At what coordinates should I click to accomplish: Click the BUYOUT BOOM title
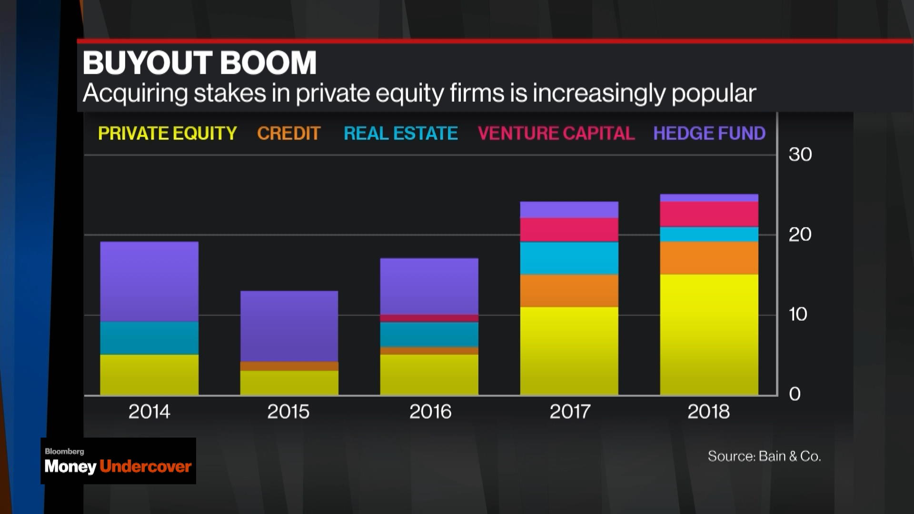[x=199, y=63]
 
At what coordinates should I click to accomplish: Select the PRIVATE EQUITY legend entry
[x=167, y=133]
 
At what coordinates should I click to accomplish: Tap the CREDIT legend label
[x=288, y=133]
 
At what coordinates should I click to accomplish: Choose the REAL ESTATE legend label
[x=400, y=133]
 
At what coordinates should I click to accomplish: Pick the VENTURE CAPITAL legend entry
[x=556, y=133]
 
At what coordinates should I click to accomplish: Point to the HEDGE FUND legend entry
[x=709, y=133]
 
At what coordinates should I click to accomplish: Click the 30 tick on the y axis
[x=800, y=155]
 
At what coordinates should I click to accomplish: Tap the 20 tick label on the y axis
[x=800, y=235]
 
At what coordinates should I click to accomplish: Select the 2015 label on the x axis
[x=288, y=412]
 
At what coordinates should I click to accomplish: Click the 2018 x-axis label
[x=708, y=412]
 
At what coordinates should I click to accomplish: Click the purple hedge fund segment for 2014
[x=149, y=282]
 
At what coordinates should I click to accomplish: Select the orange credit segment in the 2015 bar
[x=289, y=366]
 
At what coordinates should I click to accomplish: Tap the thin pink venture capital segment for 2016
[x=429, y=318]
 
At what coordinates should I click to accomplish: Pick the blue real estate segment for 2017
[x=569, y=258]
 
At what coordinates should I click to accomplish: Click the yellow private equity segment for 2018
[x=709, y=334]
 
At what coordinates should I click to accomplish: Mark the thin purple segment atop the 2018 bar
[x=709, y=198]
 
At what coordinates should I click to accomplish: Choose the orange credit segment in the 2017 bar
[x=569, y=291]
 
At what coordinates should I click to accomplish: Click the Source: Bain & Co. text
[x=764, y=456]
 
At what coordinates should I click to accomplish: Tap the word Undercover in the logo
[x=146, y=466]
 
